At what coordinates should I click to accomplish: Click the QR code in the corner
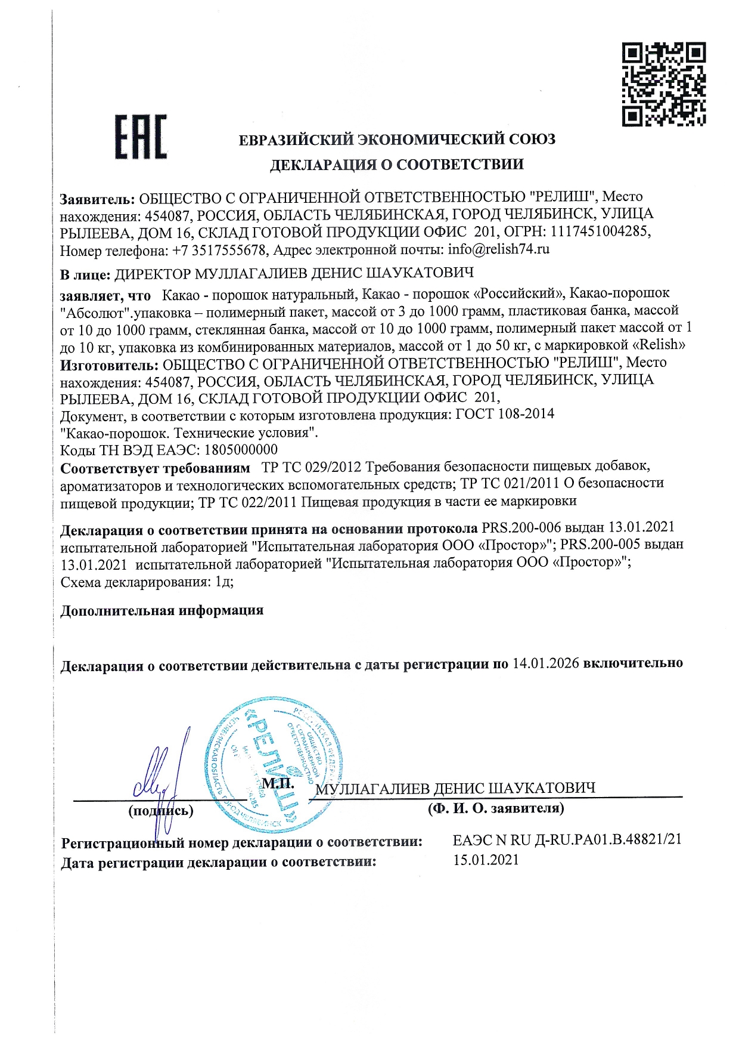click(664, 84)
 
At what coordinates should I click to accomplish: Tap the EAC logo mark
click(141, 138)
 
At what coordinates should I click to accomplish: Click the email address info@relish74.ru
click(498, 249)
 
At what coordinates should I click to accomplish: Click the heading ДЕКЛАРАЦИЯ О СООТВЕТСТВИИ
click(397, 165)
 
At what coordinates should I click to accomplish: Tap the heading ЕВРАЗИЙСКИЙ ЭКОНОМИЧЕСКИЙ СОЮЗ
click(397, 140)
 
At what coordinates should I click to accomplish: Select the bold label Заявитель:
click(98, 197)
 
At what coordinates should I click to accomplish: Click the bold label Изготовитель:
click(109, 363)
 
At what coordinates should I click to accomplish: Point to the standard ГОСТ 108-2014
click(505, 414)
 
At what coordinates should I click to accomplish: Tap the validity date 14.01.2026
click(545, 663)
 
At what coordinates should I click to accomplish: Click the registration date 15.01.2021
click(486, 860)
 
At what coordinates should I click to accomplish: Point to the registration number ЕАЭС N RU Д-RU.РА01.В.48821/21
click(567, 839)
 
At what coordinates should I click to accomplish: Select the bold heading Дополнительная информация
click(162, 611)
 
